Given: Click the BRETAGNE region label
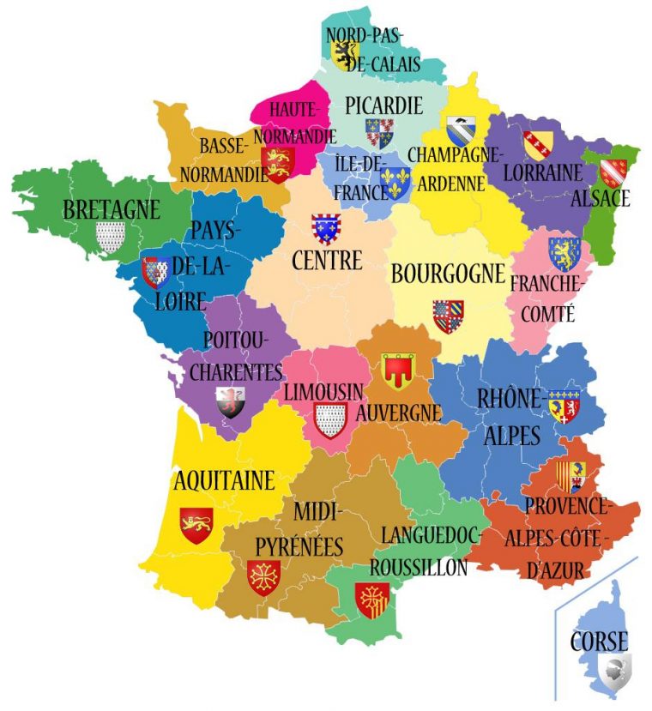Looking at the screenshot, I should (112, 208).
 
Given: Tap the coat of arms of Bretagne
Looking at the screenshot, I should (111, 236).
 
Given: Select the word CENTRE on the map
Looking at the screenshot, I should (327, 259).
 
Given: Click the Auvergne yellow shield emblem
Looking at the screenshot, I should (397, 369).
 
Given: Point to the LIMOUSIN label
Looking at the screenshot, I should (323, 391).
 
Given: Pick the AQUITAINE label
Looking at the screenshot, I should (224, 479).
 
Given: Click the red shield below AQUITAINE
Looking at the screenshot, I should (196, 524).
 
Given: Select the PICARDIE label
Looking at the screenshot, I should (383, 105).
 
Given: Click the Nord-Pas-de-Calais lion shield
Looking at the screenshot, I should (345, 55).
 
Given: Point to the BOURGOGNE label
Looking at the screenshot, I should (447, 274).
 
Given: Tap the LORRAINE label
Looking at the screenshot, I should (542, 172).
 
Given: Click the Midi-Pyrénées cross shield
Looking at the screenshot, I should (263, 577).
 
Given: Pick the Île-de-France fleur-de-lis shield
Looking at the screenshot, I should (396, 182).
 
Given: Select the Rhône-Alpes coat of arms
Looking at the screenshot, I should (564, 406).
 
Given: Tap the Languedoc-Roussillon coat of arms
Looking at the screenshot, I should (372, 599).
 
